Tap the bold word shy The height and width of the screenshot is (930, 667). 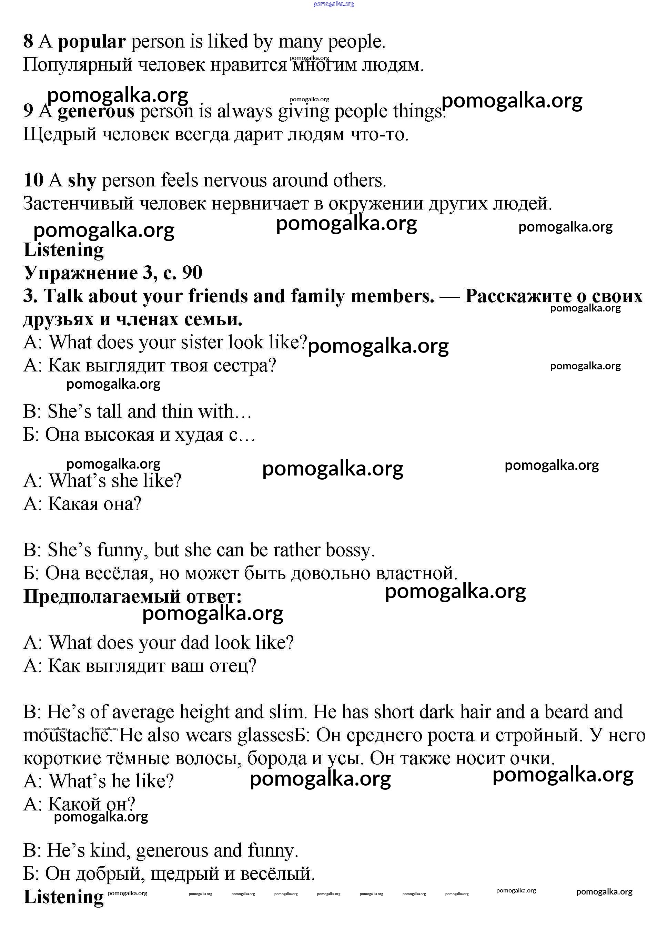pyautogui.click(x=82, y=181)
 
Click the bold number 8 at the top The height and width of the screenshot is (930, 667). pyautogui.click(x=28, y=42)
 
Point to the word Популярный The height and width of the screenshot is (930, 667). pyautogui.click(x=78, y=65)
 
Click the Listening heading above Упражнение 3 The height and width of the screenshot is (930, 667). pyautogui.click(x=63, y=250)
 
